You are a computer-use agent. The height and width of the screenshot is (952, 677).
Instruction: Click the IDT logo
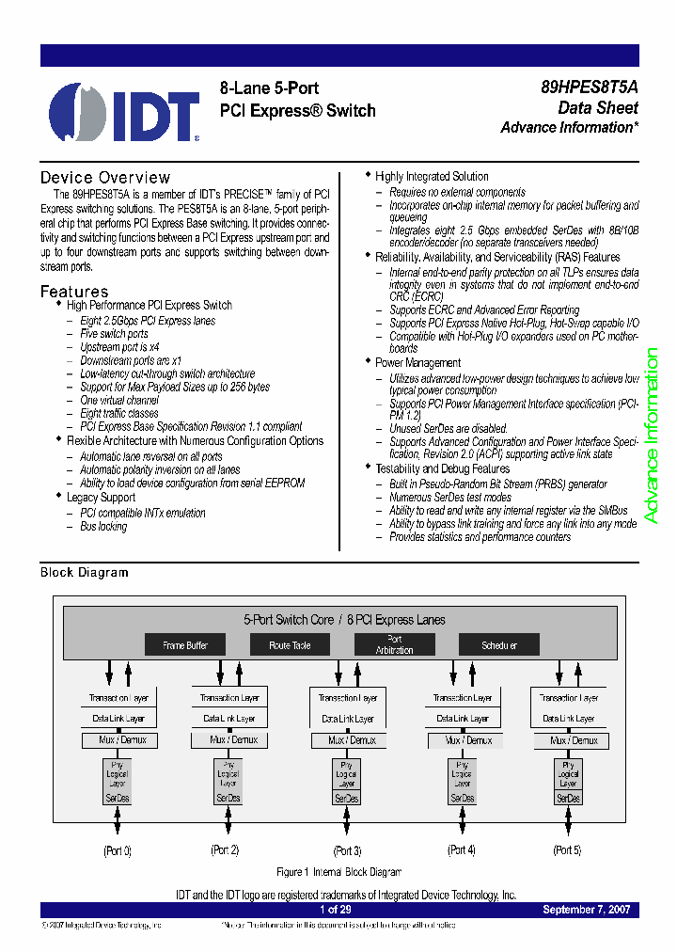tap(124, 112)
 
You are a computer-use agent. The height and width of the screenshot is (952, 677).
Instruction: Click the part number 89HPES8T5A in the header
tap(590, 87)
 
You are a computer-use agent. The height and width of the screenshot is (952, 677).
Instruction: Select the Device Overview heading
tap(105, 178)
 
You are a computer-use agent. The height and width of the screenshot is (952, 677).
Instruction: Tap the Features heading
tap(74, 292)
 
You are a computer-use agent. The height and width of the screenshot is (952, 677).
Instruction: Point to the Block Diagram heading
tap(85, 572)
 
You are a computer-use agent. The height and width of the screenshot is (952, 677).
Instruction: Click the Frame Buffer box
tap(184, 645)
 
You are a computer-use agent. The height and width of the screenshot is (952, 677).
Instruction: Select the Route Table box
tap(290, 645)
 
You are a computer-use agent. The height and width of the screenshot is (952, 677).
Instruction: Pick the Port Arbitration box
tap(394, 645)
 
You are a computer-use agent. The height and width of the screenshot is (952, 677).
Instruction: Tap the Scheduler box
tap(499, 645)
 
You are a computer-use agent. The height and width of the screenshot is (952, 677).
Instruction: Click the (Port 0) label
tap(118, 850)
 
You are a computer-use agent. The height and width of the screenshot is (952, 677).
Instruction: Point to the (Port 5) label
tap(567, 850)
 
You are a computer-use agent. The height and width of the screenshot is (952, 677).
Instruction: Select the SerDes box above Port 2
tap(228, 798)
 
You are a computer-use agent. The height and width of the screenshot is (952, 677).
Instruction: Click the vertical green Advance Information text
tap(651, 436)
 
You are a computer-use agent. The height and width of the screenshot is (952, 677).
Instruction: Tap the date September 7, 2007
tap(587, 910)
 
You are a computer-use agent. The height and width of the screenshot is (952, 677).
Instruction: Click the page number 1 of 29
tap(336, 910)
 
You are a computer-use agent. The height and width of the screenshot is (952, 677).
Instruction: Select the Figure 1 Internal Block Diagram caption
tap(338, 872)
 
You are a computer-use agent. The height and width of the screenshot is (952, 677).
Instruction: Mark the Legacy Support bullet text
tap(101, 497)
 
